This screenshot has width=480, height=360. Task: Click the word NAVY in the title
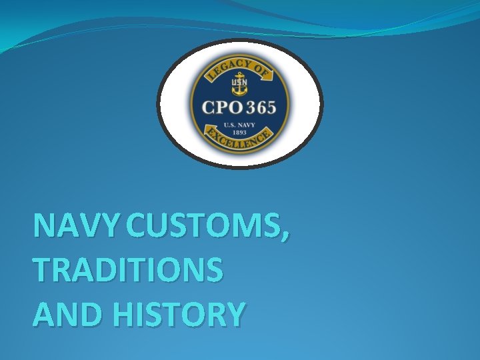pyautogui.click(x=77, y=227)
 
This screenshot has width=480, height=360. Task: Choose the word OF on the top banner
pyautogui.click(x=261, y=69)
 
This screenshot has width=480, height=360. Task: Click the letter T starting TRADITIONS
pyautogui.click(x=41, y=270)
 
